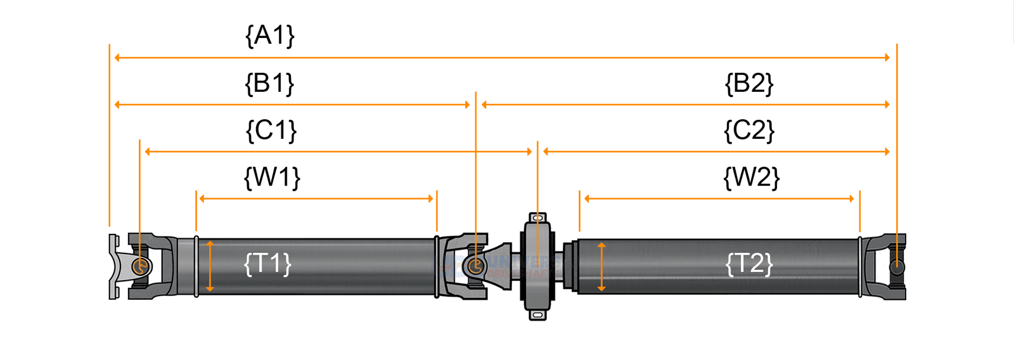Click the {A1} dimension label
(270, 35)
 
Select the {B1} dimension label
(270, 83)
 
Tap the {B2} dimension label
(749, 83)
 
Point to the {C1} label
(271, 130)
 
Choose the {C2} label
(749, 130)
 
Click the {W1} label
(272, 177)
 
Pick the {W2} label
(751, 177)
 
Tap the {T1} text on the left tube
(267, 263)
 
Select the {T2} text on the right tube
(749, 263)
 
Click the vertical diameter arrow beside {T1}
(210, 266)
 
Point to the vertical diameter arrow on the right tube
(601, 266)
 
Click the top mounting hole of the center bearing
(537, 218)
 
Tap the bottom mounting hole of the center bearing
(537, 314)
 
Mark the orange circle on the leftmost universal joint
(141, 266)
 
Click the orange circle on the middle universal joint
(475, 266)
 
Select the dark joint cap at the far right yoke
(897, 267)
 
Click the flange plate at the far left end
(113, 266)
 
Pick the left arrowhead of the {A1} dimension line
(117, 58)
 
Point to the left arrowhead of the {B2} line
(485, 105)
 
